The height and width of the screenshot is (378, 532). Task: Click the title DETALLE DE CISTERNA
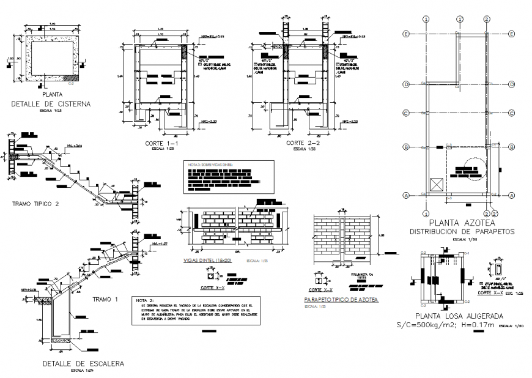pos(51,104)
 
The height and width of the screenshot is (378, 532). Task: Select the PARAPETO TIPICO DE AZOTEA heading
pos(341,300)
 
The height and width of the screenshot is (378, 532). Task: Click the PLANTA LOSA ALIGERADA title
pos(459,316)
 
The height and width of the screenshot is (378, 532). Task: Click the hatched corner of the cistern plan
pos(72,78)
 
